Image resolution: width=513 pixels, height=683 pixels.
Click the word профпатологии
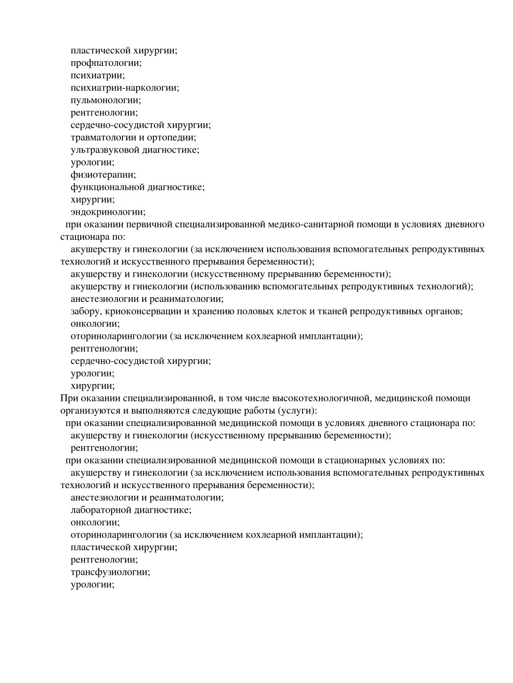pyautogui.click(x=106, y=63)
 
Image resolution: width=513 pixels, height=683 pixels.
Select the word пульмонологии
pyautogui.click(x=105, y=100)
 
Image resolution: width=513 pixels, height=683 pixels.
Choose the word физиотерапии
pyautogui.click(x=103, y=175)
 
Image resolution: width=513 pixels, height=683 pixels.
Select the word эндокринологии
pyautogui.click(x=107, y=212)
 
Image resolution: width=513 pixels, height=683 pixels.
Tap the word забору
pyautogui.click(x=85, y=311)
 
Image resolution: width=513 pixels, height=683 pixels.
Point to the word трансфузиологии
pyautogui.click(x=110, y=572)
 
